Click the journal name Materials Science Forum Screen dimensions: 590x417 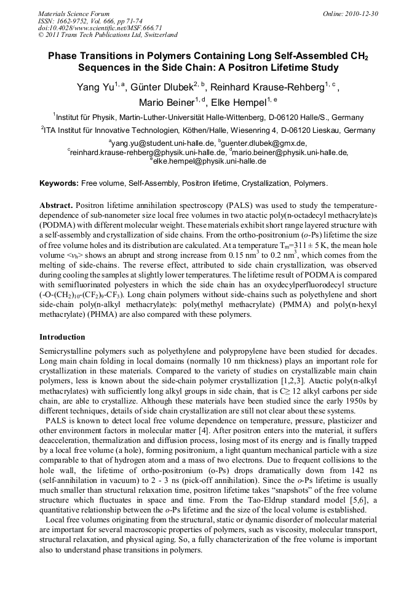tap(74, 14)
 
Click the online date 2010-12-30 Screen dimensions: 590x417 tap(359, 14)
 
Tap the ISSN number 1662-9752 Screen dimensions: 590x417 tap(74, 21)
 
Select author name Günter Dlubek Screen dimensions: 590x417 tap(165, 87)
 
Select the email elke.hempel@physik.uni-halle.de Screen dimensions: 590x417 tap(210, 161)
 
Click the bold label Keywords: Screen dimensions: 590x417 tap(59, 183)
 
